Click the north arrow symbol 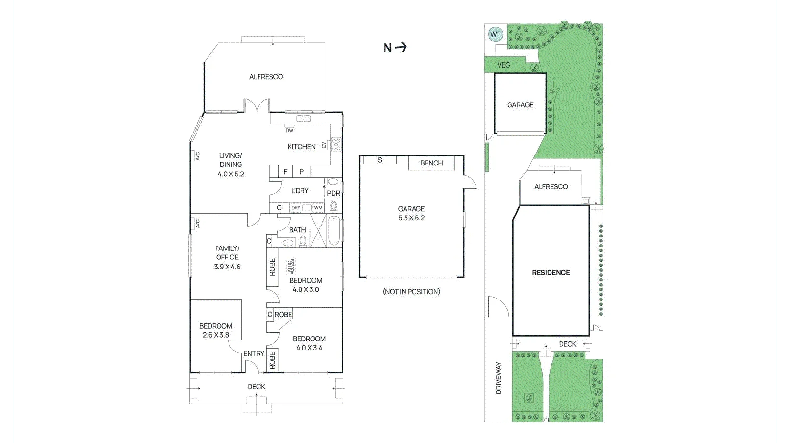[395, 47]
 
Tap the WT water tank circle [496, 34]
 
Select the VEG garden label [503, 65]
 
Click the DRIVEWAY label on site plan [499, 378]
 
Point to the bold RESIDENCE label [551, 273]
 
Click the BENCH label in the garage [431, 163]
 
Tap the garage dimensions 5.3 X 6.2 [411, 218]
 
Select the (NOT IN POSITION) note [411, 291]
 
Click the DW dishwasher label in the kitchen [289, 130]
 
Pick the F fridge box [285, 172]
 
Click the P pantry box [301, 172]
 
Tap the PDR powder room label [333, 193]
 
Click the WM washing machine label [318, 208]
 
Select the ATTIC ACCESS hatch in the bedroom [291, 266]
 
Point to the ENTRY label [253, 353]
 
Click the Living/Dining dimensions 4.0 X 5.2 [231, 174]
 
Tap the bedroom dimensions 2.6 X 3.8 [216, 335]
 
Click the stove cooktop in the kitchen [336, 144]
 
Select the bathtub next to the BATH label [334, 231]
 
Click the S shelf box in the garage [380, 160]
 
